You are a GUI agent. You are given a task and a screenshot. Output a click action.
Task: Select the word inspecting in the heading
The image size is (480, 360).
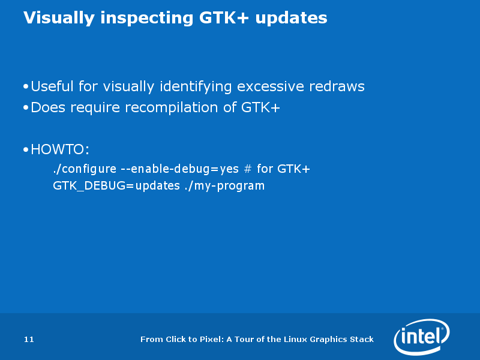point(147,18)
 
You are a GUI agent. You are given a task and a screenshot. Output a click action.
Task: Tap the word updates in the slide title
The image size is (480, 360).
point(291,18)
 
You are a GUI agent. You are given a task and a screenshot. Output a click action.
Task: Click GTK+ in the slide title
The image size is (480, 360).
point(224,17)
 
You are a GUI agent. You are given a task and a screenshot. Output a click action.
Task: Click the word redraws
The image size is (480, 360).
point(337,86)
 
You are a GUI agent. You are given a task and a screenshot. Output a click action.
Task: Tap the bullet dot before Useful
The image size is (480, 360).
point(26,86)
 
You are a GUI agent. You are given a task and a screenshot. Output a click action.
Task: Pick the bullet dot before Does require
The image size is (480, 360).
point(26,107)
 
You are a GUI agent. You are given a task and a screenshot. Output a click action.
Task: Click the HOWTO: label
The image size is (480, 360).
point(60,149)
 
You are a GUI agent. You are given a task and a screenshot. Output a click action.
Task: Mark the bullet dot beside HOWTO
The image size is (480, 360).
point(26,149)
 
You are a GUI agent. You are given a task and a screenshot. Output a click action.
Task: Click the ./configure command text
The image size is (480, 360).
point(85,169)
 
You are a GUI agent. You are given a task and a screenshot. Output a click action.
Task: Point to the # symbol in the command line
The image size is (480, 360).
point(248,169)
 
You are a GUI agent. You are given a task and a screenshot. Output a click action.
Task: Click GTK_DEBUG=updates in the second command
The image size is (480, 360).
point(116,186)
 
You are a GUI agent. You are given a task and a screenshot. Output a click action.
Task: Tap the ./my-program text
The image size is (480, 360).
point(224,186)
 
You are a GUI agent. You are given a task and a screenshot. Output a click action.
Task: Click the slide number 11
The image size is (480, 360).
point(29,339)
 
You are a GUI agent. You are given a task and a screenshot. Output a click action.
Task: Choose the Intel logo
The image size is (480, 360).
point(422,337)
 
